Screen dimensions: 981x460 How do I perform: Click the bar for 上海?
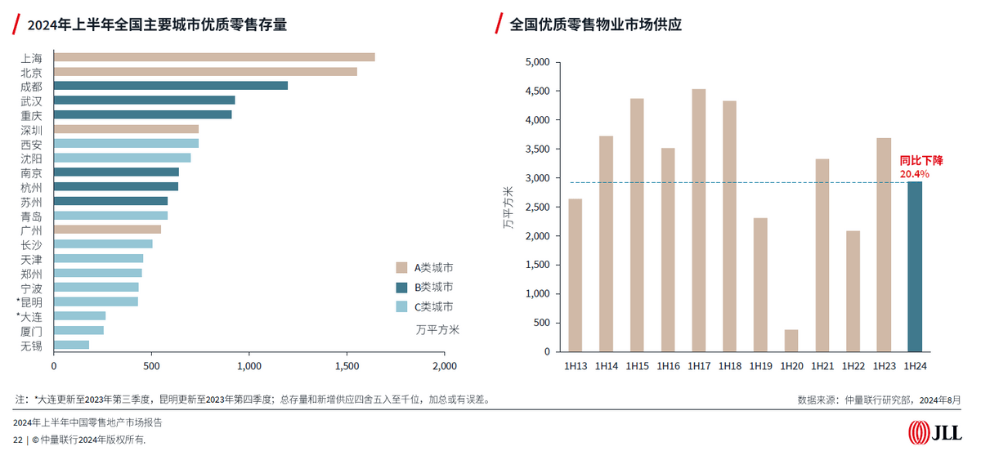click(214, 57)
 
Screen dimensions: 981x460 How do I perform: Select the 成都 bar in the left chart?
click(171, 86)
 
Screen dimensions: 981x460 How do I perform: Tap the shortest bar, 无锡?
click(71, 345)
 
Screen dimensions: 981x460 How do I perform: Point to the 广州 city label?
click(32, 230)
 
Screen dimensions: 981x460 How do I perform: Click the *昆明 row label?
click(29, 302)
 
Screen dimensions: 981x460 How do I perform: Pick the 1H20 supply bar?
click(791, 341)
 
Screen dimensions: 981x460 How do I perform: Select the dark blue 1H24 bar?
click(915, 266)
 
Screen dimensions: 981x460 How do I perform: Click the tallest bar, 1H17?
click(698, 221)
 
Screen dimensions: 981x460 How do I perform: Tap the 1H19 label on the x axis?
click(761, 366)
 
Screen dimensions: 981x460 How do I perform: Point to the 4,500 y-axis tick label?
click(537, 91)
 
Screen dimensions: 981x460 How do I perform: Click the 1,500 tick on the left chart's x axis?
click(347, 366)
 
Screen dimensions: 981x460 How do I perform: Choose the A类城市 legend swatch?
click(401, 267)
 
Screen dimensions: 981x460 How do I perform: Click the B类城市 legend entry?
click(424, 287)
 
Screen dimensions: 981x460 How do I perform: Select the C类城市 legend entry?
click(424, 307)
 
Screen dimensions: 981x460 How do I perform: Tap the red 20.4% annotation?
click(915, 174)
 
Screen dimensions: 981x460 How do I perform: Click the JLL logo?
click(934, 432)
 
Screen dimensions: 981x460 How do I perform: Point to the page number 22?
click(18, 440)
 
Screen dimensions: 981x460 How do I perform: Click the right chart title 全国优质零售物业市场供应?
click(596, 25)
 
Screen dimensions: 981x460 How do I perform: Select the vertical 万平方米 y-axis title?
click(508, 208)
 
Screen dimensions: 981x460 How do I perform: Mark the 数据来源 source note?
click(879, 400)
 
